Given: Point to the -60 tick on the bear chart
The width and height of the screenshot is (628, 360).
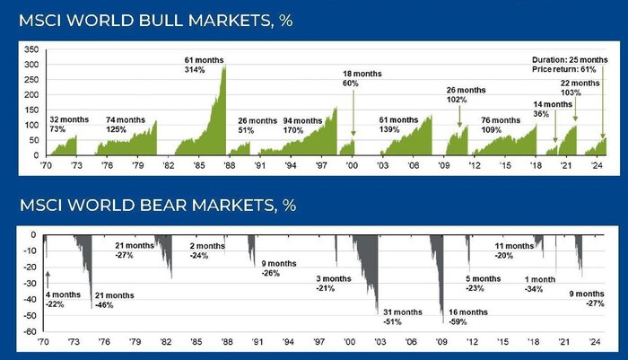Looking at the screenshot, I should [x=30, y=331].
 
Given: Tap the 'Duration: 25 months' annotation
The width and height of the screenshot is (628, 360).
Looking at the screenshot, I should [x=569, y=61].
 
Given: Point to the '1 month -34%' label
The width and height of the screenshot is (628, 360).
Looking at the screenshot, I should [x=540, y=284].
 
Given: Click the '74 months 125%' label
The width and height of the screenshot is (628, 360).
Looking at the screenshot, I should [x=126, y=125].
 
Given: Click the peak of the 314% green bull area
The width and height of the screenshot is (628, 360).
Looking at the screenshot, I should [x=223, y=66].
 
